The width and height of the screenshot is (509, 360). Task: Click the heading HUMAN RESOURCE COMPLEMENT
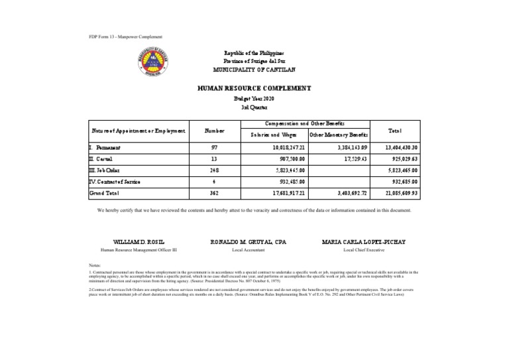[x=254, y=88]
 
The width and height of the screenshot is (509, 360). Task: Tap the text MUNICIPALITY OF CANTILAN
[x=254, y=70]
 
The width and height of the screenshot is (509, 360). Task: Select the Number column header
[x=214, y=131]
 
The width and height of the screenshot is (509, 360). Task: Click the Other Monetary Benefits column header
[x=338, y=135]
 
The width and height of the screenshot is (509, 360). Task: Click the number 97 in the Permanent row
[x=214, y=148]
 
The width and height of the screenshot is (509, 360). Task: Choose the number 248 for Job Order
[x=214, y=170]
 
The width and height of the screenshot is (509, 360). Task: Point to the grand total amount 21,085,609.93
[x=414, y=193]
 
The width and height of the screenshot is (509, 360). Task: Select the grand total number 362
[x=214, y=193]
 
